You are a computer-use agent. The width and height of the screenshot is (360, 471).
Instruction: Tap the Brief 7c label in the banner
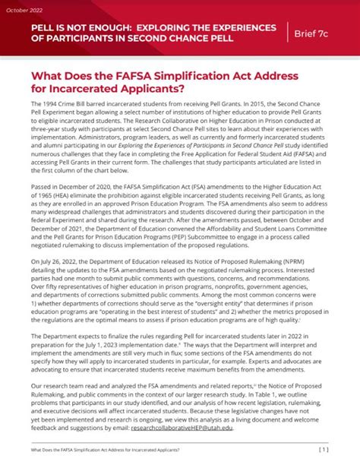tap(321, 33)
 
